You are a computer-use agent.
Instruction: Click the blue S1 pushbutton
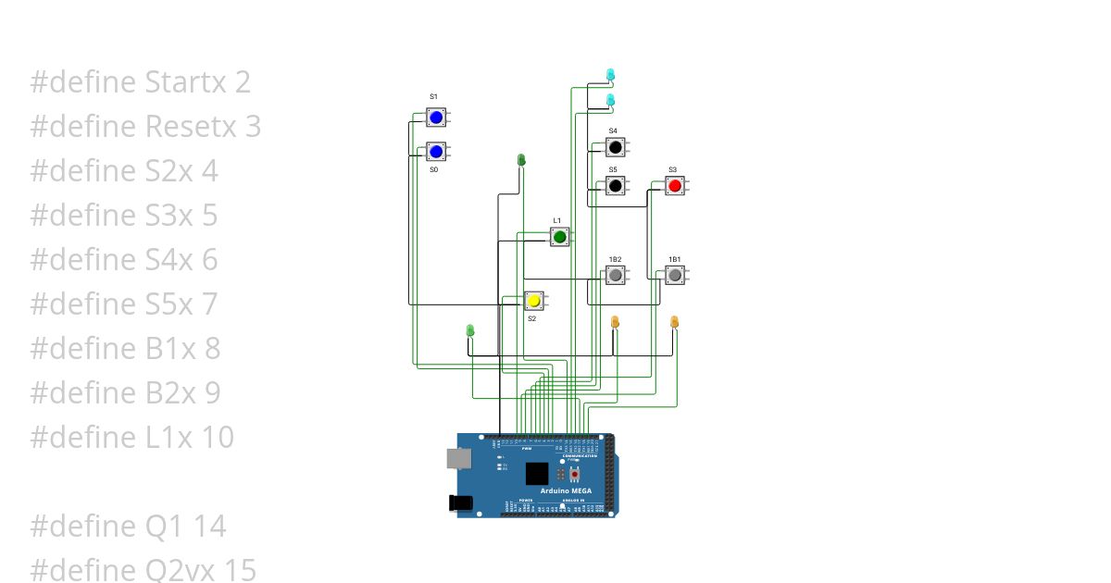(435, 118)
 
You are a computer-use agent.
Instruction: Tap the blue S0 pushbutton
(435, 152)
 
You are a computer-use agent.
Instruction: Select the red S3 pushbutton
(674, 186)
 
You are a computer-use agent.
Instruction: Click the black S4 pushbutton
(615, 147)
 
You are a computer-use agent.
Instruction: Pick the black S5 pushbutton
(615, 186)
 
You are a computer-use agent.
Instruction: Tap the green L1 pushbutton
(559, 238)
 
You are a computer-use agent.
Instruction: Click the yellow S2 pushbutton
(533, 301)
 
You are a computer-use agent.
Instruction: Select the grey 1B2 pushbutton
(615, 275)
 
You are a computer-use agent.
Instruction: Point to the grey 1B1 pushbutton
(675, 275)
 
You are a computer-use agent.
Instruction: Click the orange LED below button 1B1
(674, 322)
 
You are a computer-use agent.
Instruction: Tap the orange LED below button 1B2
(615, 321)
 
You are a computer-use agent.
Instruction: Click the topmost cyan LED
(610, 73)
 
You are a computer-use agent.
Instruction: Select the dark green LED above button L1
(521, 160)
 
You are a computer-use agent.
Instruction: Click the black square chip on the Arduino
(537, 474)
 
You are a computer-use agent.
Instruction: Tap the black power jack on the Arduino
(460, 502)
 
